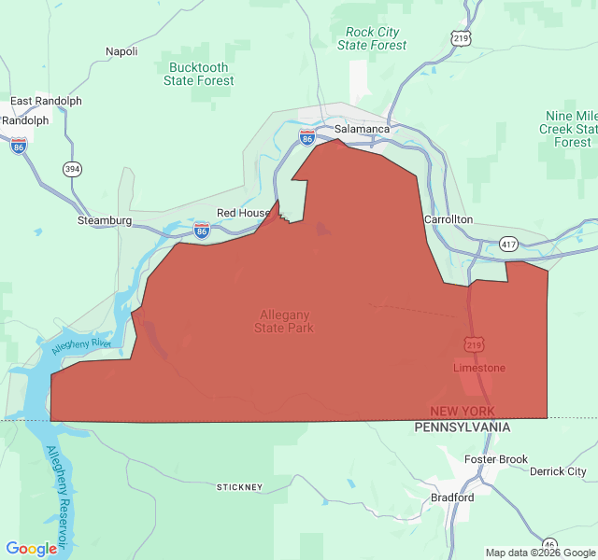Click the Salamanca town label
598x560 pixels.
[x=362, y=128]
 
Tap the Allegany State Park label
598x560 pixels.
[x=284, y=321]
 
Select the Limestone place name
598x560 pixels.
[x=479, y=368]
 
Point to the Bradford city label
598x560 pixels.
[x=452, y=497]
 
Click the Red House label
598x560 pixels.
[x=243, y=213]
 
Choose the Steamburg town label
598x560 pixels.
[x=105, y=221]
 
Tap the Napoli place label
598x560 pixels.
[x=121, y=51]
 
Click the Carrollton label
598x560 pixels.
[x=448, y=219]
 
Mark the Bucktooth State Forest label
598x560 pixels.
[x=198, y=74]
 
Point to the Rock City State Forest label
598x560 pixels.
[x=372, y=38]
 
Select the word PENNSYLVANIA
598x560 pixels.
[x=463, y=427]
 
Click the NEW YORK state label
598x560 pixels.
[x=463, y=412]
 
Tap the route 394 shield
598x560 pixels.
[x=72, y=169]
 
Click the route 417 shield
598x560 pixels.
[x=507, y=244]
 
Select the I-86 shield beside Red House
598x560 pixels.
[x=201, y=229]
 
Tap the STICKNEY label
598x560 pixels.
[x=240, y=487]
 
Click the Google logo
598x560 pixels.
[x=31, y=549]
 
